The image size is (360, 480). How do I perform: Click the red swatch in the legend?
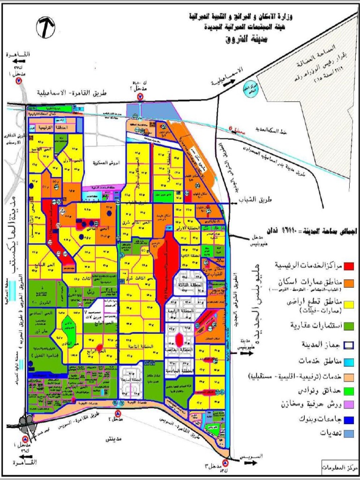click(x=349, y=266)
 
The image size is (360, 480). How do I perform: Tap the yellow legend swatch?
click(x=349, y=305)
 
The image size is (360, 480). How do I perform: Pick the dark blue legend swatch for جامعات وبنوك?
click(x=349, y=419)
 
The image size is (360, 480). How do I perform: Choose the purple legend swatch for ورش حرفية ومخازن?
click(x=349, y=404)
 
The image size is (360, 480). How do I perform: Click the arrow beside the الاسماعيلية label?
click(x=231, y=82)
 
